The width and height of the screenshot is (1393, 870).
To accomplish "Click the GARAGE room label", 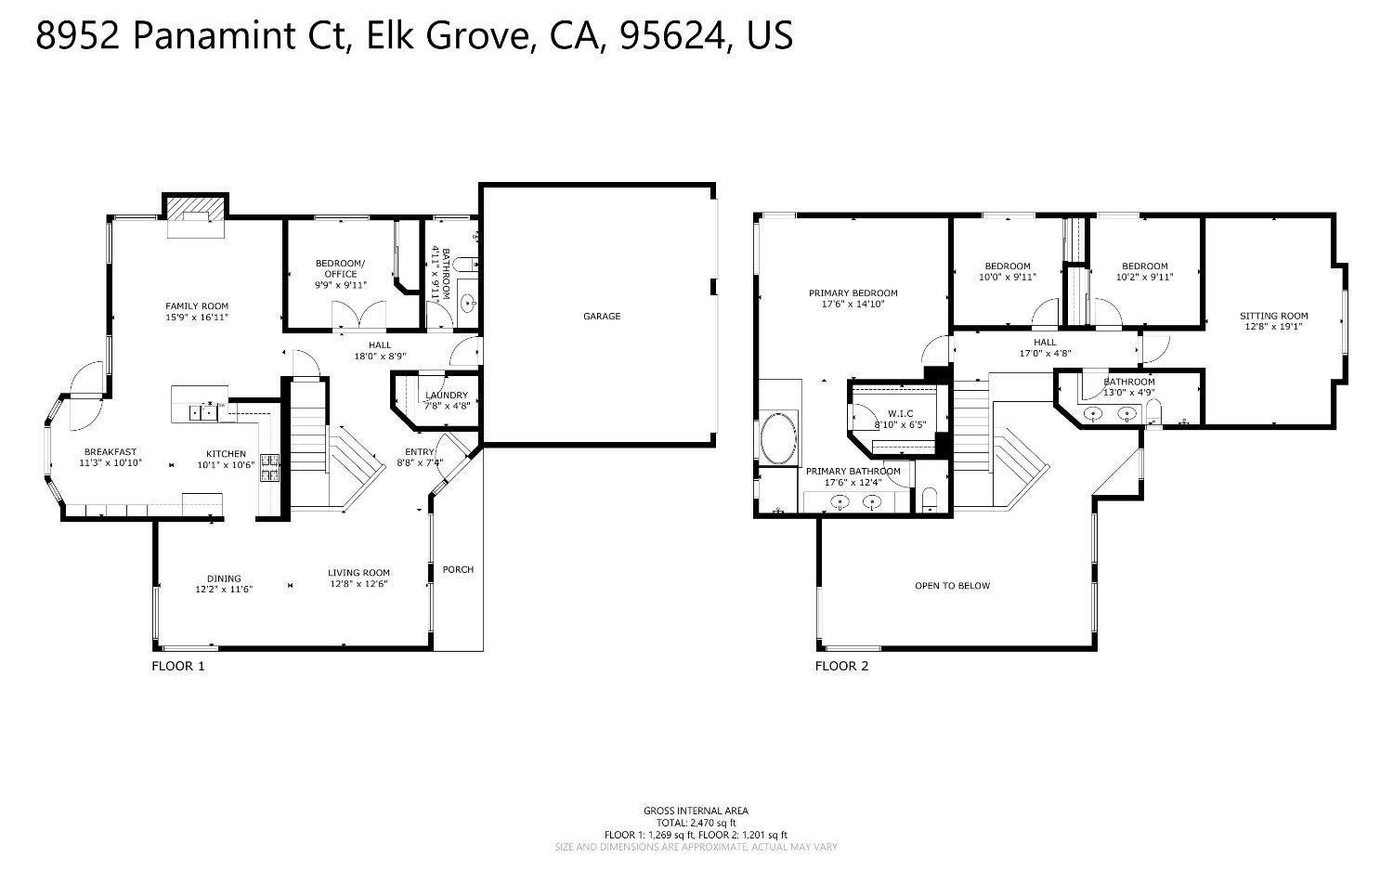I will pos(602,317).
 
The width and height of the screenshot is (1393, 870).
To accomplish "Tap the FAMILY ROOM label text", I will pos(197,306).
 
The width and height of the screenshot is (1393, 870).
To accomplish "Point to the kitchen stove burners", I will pos(270,468).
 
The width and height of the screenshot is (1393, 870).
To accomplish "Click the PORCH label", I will pos(458,569).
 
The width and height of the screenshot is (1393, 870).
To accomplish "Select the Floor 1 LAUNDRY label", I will pos(447,396).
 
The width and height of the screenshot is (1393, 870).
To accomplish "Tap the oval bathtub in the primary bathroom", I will pos(778,438).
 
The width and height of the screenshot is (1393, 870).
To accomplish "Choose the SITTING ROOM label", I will pos(1273,316).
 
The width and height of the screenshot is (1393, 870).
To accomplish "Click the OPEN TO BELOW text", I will pos(952,586).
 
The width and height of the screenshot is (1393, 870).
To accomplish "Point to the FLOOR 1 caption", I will pos(178,666).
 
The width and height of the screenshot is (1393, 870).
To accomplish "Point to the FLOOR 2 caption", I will pos(841,666).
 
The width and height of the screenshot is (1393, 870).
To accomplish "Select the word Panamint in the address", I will pos(216,35).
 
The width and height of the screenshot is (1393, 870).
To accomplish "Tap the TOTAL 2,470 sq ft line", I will pos(696,823).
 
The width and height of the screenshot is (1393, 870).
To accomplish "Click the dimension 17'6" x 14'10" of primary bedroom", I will pos(853,304).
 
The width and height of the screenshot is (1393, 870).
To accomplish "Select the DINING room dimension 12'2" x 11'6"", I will pos(224,590).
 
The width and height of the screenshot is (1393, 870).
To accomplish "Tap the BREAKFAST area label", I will pos(108,452).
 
